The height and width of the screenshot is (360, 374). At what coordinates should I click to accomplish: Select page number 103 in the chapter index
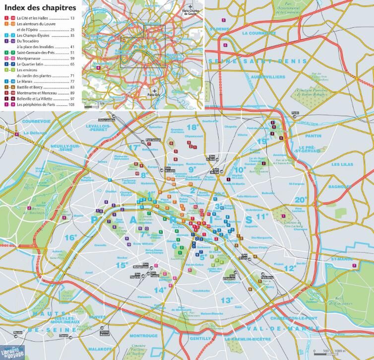[x=71, y=105]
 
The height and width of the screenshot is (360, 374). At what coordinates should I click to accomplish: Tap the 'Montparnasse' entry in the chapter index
[x=31, y=58]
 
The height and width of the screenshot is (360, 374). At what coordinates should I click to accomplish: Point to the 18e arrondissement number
[x=192, y=127]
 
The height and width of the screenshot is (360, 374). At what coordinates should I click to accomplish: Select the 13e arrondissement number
[x=227, y=300]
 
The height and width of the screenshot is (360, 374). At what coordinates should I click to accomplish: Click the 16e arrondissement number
[x=70, y=237]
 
